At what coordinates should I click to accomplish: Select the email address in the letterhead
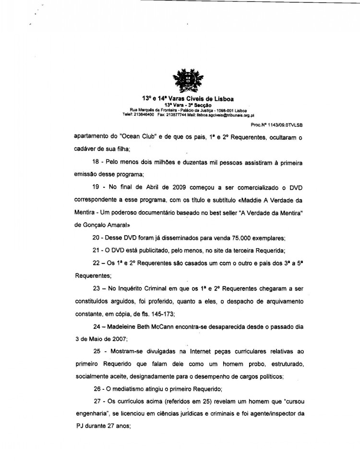click(226, 115)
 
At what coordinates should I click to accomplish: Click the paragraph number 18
click(96, 163)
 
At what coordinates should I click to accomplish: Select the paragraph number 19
click(96, 188)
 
